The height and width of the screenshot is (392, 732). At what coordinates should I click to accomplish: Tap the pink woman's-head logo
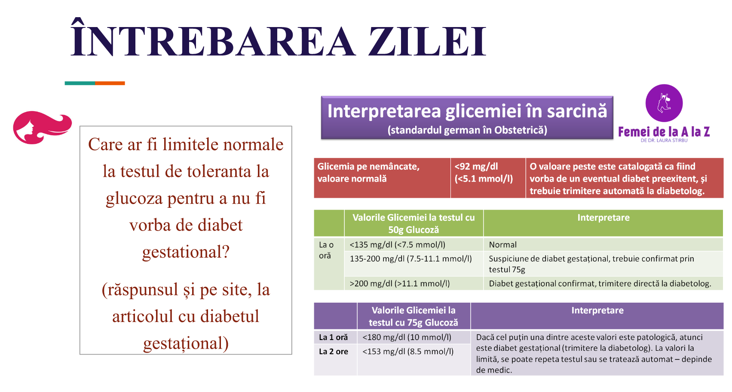[42, 127]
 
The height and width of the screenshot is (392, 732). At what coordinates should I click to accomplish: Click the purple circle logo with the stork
[664, 103]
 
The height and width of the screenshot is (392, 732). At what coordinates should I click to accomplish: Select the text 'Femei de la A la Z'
[664, 132]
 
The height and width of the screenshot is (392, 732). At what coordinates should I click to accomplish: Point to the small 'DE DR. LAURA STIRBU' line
[664, 140]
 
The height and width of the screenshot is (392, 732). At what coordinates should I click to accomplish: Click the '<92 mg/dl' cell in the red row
[488, 178]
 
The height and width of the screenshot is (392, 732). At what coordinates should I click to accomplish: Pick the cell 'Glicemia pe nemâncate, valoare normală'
[382, 178]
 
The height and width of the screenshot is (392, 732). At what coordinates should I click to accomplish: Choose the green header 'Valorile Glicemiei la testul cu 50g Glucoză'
[413, 223]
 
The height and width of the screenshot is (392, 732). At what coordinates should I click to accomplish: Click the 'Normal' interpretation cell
[603, 244]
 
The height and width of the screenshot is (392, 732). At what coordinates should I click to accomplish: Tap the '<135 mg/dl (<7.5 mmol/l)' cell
[413, 244]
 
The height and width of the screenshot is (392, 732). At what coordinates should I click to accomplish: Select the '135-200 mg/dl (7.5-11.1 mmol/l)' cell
[413, 264]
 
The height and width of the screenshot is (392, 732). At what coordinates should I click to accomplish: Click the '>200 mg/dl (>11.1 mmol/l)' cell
[413, 283]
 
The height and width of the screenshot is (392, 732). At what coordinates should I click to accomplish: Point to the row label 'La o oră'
[327, 250]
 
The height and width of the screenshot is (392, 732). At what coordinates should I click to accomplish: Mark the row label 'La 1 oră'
[333, 337]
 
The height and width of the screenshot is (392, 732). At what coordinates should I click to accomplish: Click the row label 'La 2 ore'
[333, 352]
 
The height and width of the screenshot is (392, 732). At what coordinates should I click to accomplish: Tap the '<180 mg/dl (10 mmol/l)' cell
[407, 337]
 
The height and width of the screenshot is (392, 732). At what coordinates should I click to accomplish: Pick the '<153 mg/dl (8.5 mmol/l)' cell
[408, 352]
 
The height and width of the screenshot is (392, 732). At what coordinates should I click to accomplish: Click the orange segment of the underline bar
[110, 83]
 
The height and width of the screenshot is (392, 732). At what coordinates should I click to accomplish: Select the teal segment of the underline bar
[80, 83]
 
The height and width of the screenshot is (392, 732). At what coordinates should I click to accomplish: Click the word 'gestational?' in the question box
[186, 252]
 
